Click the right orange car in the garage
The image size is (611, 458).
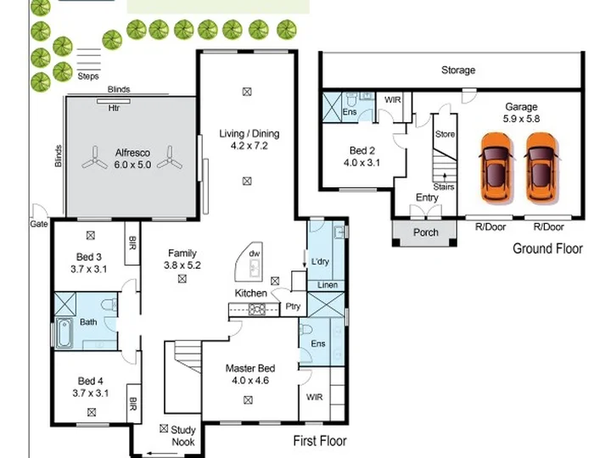[541, 168]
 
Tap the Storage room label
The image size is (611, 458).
[458, 70]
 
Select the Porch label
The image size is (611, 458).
[425, 232]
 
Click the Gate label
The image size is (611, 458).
[39, 224]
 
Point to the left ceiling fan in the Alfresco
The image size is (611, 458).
[95, 159]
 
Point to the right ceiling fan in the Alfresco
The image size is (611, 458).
[170, 158]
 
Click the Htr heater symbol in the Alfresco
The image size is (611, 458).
[114, 102]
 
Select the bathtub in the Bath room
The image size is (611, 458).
[64, 333]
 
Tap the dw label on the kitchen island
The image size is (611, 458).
[254, 254]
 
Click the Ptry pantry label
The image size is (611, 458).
[293, 306]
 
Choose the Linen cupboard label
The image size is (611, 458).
[328, 285]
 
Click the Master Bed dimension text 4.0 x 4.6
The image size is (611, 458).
[250, 380]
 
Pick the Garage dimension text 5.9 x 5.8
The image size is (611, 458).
[521, 119]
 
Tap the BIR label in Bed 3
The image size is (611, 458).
[132, 243]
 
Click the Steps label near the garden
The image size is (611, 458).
[88, 76]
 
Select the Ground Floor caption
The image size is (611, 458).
[547, 249]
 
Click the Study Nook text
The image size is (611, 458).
[182, 436]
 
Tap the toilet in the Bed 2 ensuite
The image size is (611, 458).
[352, 100]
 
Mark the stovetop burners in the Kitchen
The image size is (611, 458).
[257, 310]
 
